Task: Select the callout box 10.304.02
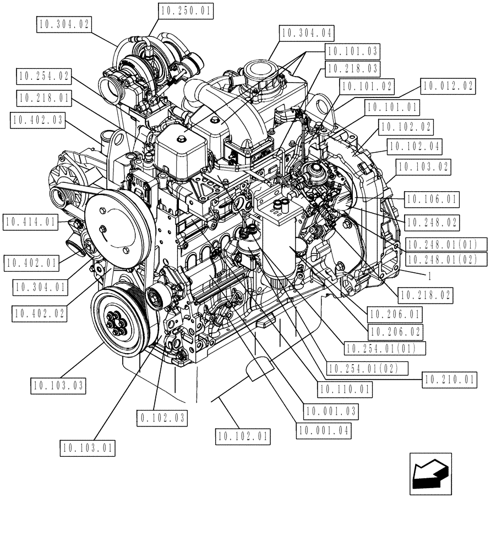tap(65, 24)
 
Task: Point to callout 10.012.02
tap(447, 85)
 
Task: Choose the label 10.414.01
tap(30, 223)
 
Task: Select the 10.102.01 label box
tap(243, 437)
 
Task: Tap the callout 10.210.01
tap(448, 379)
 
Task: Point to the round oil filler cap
tap(258, 70)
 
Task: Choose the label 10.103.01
tap(87, 449)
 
